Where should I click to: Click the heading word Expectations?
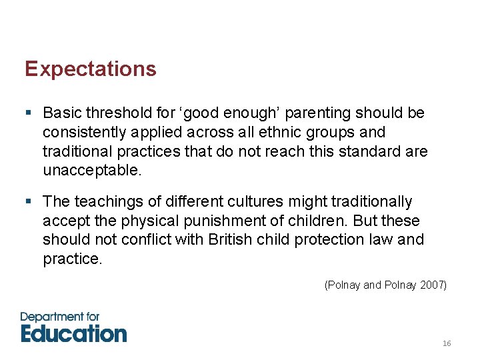click(x=91, y=69)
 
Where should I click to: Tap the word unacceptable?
click(x=92, y=171)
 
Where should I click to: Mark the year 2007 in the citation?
click(x=434, y=285)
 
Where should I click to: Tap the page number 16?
click(x=447, y=343)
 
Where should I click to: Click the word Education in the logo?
click(x=73, y=332)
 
